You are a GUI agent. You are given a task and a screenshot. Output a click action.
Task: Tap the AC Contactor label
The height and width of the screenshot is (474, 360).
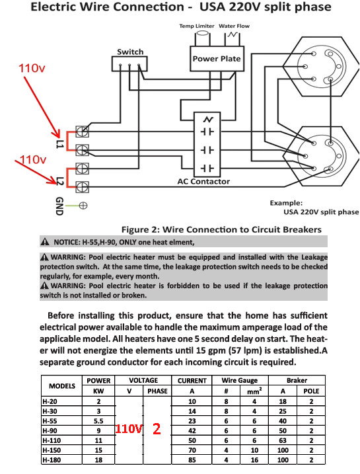coord(203,181)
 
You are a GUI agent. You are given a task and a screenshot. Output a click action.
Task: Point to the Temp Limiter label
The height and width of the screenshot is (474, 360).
coord(197,26)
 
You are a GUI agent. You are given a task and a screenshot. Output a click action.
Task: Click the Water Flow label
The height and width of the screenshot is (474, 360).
coord(234,26)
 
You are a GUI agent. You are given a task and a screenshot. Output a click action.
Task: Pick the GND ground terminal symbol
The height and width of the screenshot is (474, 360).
coord(83,206)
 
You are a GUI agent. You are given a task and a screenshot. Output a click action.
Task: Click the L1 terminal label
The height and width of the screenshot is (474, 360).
coord(59,144)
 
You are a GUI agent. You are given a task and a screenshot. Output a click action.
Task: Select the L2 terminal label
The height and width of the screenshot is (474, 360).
coord(60,180)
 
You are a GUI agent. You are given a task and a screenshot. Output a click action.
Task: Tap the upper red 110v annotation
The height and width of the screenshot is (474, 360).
coord(32,68)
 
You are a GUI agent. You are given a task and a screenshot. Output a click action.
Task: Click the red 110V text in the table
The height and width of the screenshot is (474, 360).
coord(129,428)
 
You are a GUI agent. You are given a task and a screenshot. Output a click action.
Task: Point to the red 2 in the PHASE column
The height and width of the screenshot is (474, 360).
coord(157,428)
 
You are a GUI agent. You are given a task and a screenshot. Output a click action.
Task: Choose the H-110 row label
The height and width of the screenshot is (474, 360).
coord(52,440)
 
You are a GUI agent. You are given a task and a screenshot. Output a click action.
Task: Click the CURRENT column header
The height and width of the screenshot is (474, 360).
coord(192,381)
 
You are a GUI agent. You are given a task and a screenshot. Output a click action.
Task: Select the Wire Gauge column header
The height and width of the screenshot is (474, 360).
coord(240,380)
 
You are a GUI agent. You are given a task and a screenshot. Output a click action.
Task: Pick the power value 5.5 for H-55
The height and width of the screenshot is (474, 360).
coord(98,421)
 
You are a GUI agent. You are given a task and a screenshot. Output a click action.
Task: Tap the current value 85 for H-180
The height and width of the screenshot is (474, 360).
coord(192,460)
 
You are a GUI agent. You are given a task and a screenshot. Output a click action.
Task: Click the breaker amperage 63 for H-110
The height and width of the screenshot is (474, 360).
coord(283,440)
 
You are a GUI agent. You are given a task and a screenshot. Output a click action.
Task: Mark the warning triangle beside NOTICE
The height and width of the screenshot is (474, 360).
coord(45,242)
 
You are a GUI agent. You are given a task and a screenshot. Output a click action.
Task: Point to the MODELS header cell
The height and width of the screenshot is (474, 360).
coord(62,386)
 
